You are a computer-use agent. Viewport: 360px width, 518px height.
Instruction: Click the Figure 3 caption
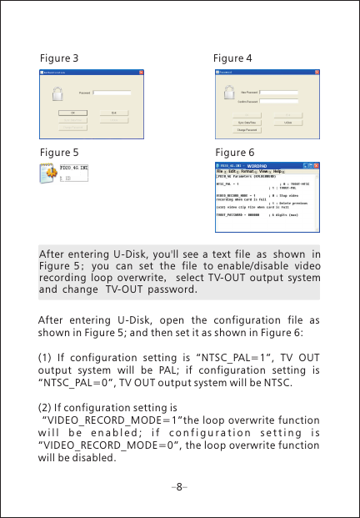click(x=59, y=58)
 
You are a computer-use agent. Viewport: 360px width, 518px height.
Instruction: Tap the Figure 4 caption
click(x=232, y=58)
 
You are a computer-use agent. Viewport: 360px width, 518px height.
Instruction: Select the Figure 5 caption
click(x=59, y=153)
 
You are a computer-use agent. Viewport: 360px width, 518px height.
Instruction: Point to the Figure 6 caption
click(x=235, y=153)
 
